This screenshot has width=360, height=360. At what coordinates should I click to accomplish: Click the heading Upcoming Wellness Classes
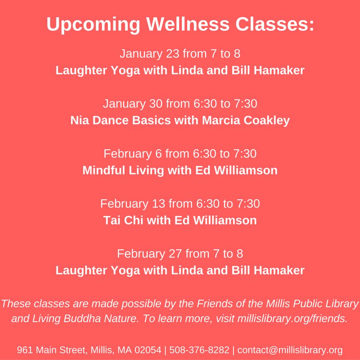click(180, 25)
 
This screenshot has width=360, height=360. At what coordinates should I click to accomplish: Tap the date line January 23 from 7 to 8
click(180, 54)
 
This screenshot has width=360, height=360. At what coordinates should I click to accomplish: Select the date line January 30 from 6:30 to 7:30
click(180, 104)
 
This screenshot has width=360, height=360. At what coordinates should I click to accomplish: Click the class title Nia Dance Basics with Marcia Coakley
click(180, 121)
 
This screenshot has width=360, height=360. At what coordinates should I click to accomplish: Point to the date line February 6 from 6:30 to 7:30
click(180, 154)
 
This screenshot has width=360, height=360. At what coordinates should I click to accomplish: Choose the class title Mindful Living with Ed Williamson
click(180, 171)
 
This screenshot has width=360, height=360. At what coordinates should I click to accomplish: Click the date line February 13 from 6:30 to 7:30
click(180, 204)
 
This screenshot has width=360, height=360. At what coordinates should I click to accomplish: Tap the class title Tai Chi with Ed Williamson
click(180, 220)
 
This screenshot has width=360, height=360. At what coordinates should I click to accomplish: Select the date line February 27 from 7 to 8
click(180, 253)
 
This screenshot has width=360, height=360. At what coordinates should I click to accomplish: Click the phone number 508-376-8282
click(198, 350)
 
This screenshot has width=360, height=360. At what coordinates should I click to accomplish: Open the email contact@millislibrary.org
click(290, 350)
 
